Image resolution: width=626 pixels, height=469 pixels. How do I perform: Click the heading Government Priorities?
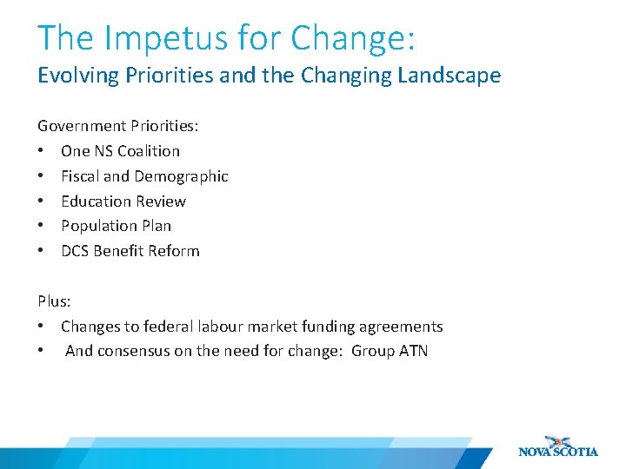click(x=118, y=126)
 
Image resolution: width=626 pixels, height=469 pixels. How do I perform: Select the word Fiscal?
click(x=80, y=176)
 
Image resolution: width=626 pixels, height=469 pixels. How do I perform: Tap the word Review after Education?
click(x=160, y=201)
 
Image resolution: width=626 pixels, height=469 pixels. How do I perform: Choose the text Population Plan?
click(x=116, y=226)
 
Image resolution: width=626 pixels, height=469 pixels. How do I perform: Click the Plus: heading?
click(x=54, y=301)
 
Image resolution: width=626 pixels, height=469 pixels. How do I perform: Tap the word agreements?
click(x=401, y=327)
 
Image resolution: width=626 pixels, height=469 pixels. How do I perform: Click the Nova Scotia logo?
click(x=557, y=446)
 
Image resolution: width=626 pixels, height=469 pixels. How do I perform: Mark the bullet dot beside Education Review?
click(x=41, y=201)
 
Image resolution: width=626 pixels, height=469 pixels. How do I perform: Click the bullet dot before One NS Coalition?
click(x=41, y=151)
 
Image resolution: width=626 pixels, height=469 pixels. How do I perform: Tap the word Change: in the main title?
click(x=353, y=37)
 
